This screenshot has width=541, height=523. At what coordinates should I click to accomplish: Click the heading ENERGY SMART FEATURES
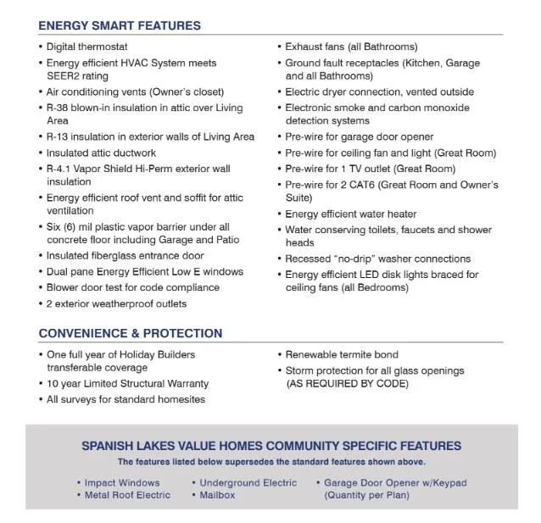(120, 25)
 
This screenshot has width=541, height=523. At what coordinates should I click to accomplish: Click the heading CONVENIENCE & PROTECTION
(131, 333)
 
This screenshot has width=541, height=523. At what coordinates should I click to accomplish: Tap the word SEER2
(64, 75)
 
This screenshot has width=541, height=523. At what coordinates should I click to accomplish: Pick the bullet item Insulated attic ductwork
(101, 153)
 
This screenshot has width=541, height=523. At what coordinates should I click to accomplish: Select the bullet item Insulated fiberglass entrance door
(125, 255)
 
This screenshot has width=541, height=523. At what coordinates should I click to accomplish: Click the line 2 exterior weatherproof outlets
(116, 303)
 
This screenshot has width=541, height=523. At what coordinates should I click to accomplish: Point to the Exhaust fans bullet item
(351, 47)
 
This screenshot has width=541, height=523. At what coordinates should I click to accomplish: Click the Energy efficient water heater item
(351, 214)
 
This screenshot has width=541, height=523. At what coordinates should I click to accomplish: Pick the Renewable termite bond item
(342, 354)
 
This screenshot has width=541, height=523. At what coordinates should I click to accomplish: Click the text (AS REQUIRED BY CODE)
(347, 384)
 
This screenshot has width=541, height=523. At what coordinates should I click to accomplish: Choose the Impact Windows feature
(122, 483)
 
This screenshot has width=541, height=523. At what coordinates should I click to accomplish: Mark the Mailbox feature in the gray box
(217, 495)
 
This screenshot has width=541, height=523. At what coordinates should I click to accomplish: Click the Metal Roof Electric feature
(127, 495)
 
